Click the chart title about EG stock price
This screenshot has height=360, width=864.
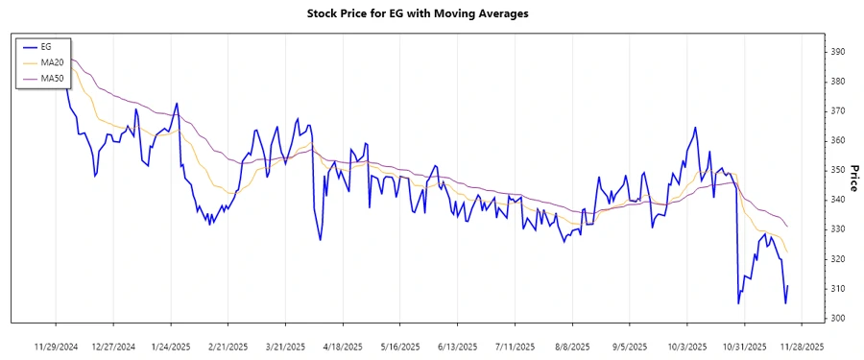[431, 13]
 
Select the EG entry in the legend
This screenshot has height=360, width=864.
[45, 47]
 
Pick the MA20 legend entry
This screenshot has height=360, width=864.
[51, 61]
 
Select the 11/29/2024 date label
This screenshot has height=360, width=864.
[56, 345]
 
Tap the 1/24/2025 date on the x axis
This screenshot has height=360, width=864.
[171, 345]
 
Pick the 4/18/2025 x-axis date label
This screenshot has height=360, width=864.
[343, 345]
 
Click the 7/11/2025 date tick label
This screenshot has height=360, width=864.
[515, 345]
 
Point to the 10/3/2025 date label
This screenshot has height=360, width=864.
[686, 345]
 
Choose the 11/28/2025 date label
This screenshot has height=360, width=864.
[801, 345]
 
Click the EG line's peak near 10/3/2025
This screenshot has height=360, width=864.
[694, 127]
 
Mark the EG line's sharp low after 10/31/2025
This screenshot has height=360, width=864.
[738, 303]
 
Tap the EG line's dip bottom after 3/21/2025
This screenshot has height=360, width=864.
[320, 239]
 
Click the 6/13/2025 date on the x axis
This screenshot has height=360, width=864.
[457, 345]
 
